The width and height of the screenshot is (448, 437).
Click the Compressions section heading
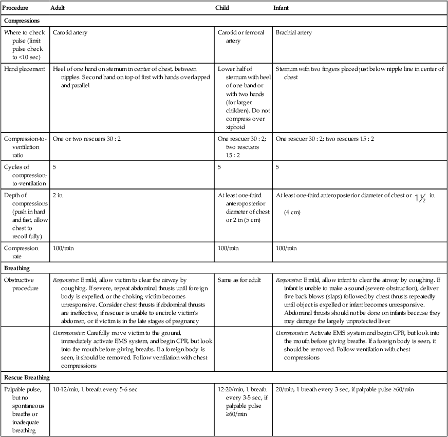[23, 21]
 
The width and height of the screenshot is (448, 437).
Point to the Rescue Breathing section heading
[27, 378]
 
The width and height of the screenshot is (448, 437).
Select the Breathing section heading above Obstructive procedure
[17, 268]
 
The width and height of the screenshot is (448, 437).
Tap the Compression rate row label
[21, 252]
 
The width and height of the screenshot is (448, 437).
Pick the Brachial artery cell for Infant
[293, 33]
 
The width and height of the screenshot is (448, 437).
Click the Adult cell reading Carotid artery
[70, 33]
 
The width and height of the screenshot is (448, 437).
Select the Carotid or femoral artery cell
[240, 36]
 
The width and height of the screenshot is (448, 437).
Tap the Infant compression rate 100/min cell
[286, 249]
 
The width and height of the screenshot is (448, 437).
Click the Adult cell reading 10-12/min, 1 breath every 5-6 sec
[95, 389]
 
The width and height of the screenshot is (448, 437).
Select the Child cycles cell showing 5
[219, 167]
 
